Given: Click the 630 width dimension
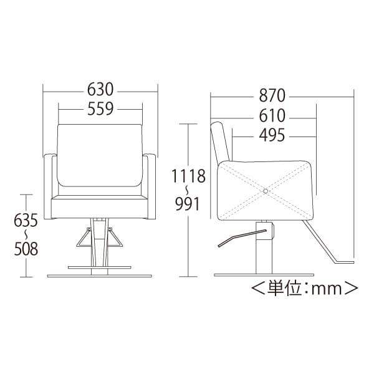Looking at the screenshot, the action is tap(100, 89).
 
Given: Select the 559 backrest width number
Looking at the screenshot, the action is tap(100, 108).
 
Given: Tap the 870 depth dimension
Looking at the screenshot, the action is tap(272, 95).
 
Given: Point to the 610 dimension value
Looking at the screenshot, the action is tap(272, 116).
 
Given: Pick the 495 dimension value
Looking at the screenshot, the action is tap(272, 135).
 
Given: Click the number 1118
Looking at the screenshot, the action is tap(188, 176).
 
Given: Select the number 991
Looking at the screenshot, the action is tap(187, 204).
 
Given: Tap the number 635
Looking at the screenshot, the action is tap(26, 220).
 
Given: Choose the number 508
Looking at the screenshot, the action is tap(26, 249).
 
